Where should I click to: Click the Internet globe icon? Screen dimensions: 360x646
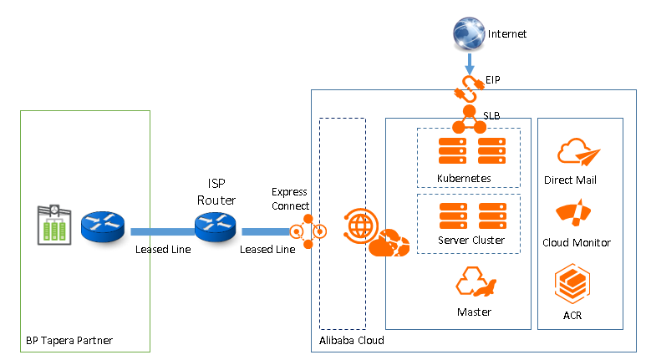(x=469, y=34)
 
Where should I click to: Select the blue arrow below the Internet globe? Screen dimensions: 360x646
(x=470, y=63)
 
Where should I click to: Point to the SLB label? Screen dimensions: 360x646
(x=491, y=114)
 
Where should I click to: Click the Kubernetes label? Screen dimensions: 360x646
(x=464, y=178)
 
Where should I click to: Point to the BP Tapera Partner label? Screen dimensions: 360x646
(x=69, y=341)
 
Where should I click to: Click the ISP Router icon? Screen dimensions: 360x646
(x=216, y=226)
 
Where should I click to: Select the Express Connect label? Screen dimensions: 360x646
(x=291, y=199)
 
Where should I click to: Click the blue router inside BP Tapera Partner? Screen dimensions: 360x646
(x=103, y=226)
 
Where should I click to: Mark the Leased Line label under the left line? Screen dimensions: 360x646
(x=163, y=249)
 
